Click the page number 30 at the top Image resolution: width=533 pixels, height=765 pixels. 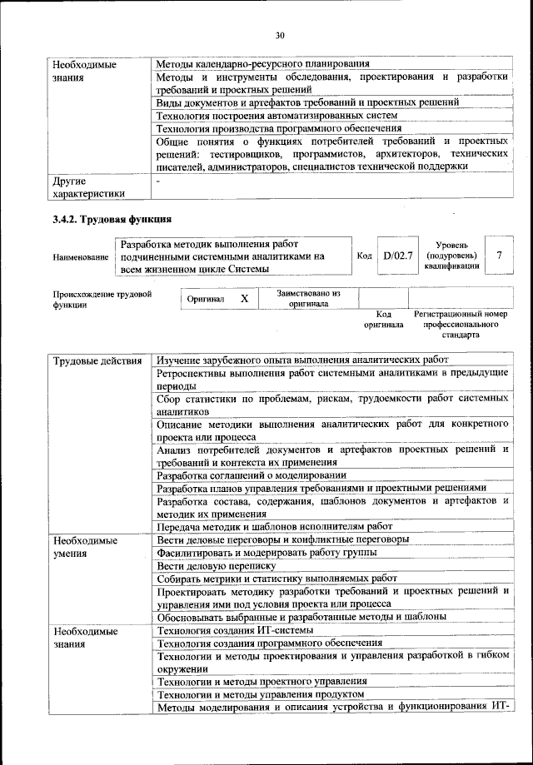(x=279, y=34)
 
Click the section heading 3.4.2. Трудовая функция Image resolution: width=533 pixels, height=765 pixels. (x=112, y=220)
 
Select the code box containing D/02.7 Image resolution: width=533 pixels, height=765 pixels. (x=398, y=256)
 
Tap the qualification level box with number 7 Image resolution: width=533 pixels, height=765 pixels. (x=498, y=256)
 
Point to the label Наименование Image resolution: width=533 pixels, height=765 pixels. (x=81, y=258)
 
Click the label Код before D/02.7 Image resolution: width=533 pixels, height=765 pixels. (x=364, y=256)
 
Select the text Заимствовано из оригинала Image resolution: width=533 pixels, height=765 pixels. (x=309, y=298)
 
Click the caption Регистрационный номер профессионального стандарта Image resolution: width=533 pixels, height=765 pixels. (x=461, y=325)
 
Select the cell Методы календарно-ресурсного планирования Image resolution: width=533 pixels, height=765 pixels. (x=263, y=63)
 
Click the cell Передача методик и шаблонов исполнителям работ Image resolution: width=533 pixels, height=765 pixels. (x=274, y=526)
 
